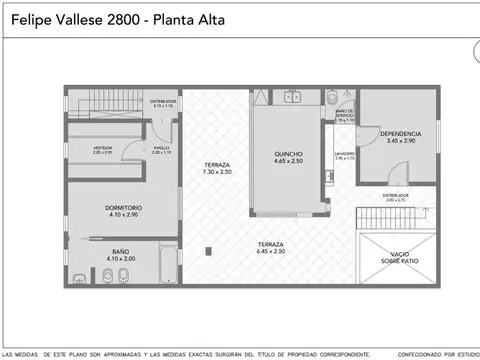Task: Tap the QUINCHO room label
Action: click(289, 154)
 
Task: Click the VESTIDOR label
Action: click(102, 147)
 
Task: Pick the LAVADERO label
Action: click(345, 154)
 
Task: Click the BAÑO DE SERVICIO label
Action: click(345, 112)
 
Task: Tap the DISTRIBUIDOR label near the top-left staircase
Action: click(163, 101)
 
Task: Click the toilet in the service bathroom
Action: click(332, 97)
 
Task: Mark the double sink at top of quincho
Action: click(292, 96)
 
